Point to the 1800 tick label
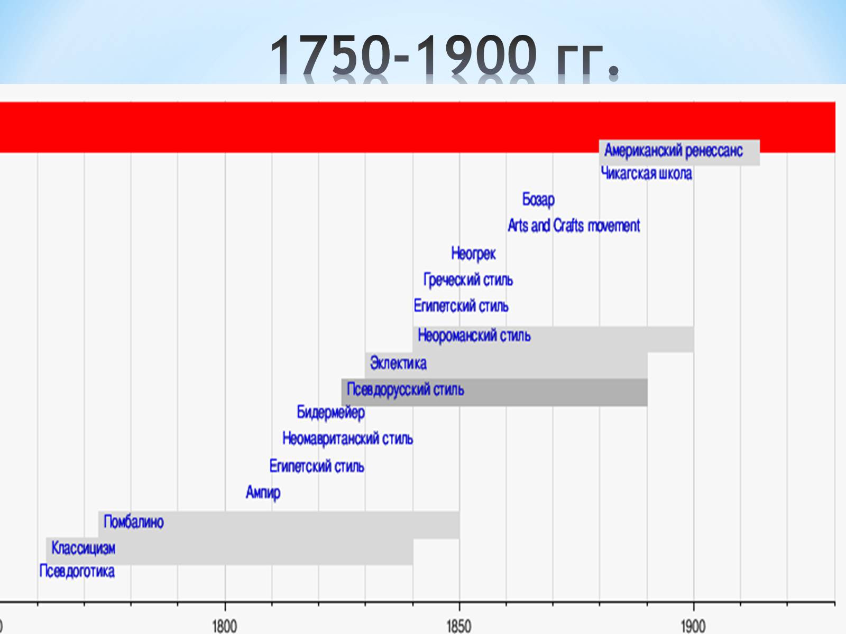(x=224, y=626)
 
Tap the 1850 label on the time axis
(x=458, y=626)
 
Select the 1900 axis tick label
(x=693, y=626)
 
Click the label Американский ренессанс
(x=673, y=151)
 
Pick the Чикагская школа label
(x=646, y=174)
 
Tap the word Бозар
(x=538, y=200)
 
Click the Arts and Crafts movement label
(x=574, y=226)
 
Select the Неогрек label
(x=473, y=254)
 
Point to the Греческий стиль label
(x=468, y=280)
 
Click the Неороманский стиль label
(x=474, y=335)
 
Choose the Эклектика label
(x=398, y=363)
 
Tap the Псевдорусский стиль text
(x=405, y=390)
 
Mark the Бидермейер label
(x=330, y=412)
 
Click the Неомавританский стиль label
(x=347, y=439)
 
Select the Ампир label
(x=263, y=493)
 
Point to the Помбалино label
(x=133, y=522)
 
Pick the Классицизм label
(x=83, y=548)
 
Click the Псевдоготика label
(x=77, y=572)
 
